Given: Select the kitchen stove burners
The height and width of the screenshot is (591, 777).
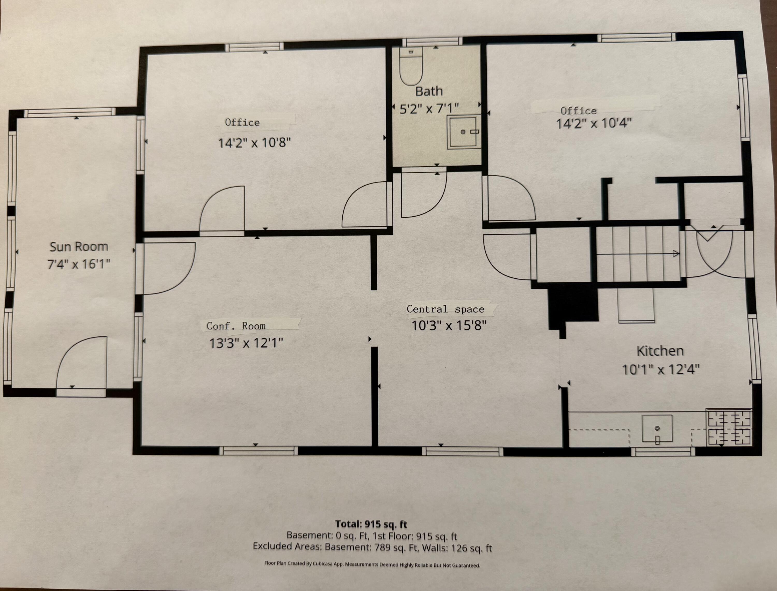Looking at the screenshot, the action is (729, 427).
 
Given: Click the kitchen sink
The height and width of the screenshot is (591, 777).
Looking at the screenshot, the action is (657, 429).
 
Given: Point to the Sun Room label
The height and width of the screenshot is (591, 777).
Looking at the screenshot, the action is (79, 247).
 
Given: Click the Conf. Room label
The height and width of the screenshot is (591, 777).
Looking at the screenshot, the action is (236, 326).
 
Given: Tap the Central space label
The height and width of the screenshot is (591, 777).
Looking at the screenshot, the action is (445, 309).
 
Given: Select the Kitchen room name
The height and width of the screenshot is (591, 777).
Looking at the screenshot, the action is (660, 351).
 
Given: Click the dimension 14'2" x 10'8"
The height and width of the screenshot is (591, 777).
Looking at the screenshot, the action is (255, 143).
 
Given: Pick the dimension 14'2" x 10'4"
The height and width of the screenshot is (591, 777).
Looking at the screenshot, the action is (594, 123).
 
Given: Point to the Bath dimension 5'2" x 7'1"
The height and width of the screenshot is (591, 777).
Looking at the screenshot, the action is (429, 109).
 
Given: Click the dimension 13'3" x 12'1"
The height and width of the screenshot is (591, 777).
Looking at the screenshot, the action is (246, 343).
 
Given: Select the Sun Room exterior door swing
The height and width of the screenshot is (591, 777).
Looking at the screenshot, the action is (82, 362).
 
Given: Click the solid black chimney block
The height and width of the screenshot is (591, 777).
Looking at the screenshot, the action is (573, 306).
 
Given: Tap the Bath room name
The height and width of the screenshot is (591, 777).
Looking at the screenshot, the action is (429, 91).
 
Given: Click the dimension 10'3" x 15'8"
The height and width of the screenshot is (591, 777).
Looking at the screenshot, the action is (449, 326).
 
